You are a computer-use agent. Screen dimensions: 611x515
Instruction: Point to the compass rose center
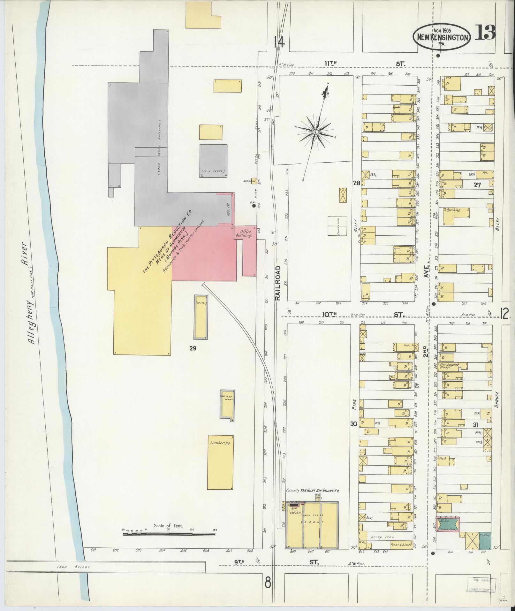coord(315,132)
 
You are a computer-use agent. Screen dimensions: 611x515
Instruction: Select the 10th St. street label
coord(329,314)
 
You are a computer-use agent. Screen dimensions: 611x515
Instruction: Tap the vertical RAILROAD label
coord(277,283)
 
